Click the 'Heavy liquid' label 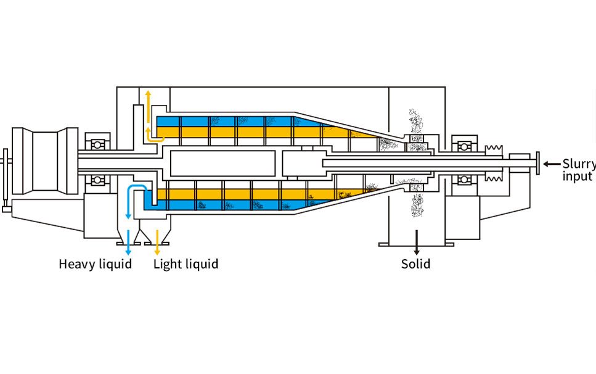pos(95,264)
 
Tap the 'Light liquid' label pos(186,264)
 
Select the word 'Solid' pos(415,264)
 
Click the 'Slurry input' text pos(578,170)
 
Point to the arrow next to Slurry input pos(551,164)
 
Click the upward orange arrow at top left pos(148,99)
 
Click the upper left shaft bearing pos(97,145)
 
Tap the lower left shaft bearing pos(97,180)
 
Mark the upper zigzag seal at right pos(495,149)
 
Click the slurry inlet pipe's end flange pos(539,164)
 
